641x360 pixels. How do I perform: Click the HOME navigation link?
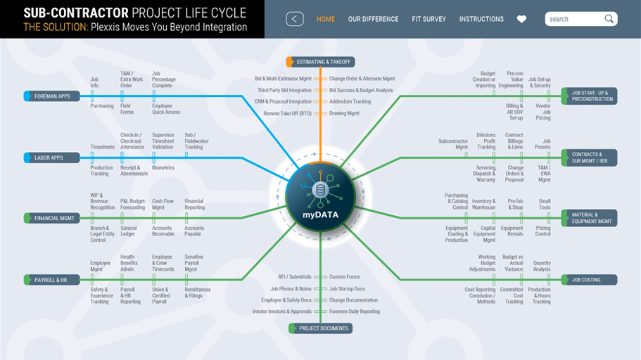click(325, 19)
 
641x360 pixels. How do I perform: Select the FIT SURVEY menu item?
click(429, 19)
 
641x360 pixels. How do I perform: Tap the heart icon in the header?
click(521, 19)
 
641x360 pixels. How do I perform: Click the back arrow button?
click(295, 19)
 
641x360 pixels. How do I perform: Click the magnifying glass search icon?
click(609, 19)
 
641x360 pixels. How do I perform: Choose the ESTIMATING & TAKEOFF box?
click(321, 62)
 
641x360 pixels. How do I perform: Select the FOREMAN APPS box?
click(52, 96)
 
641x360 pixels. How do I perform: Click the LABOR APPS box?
click(52, 157)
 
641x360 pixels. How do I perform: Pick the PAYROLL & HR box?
click(52, 280)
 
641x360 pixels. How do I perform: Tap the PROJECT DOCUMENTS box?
click(321, 328)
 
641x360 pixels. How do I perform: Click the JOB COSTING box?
click(589, 280)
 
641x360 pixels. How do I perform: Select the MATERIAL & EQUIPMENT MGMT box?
click(589, 218)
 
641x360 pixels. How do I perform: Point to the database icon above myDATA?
click(321, 190)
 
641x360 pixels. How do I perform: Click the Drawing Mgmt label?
click(345, 113)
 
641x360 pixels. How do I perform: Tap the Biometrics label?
click(163, 168)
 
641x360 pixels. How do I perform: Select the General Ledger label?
click(128, 231)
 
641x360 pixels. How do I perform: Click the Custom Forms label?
click(345, 277)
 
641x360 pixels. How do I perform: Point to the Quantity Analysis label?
click(542, 266)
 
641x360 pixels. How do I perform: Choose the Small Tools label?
click(545, 205)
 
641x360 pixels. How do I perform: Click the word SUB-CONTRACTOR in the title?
click(75, 13)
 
